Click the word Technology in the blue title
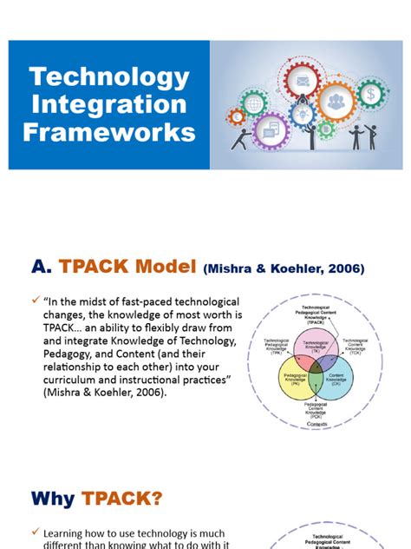coord(109,76)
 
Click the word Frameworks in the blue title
coord(109,132)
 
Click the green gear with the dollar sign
coord(372,93)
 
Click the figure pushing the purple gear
coord(246,138)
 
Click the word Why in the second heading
coord(53,499)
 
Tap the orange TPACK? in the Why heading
coord(124,499)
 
